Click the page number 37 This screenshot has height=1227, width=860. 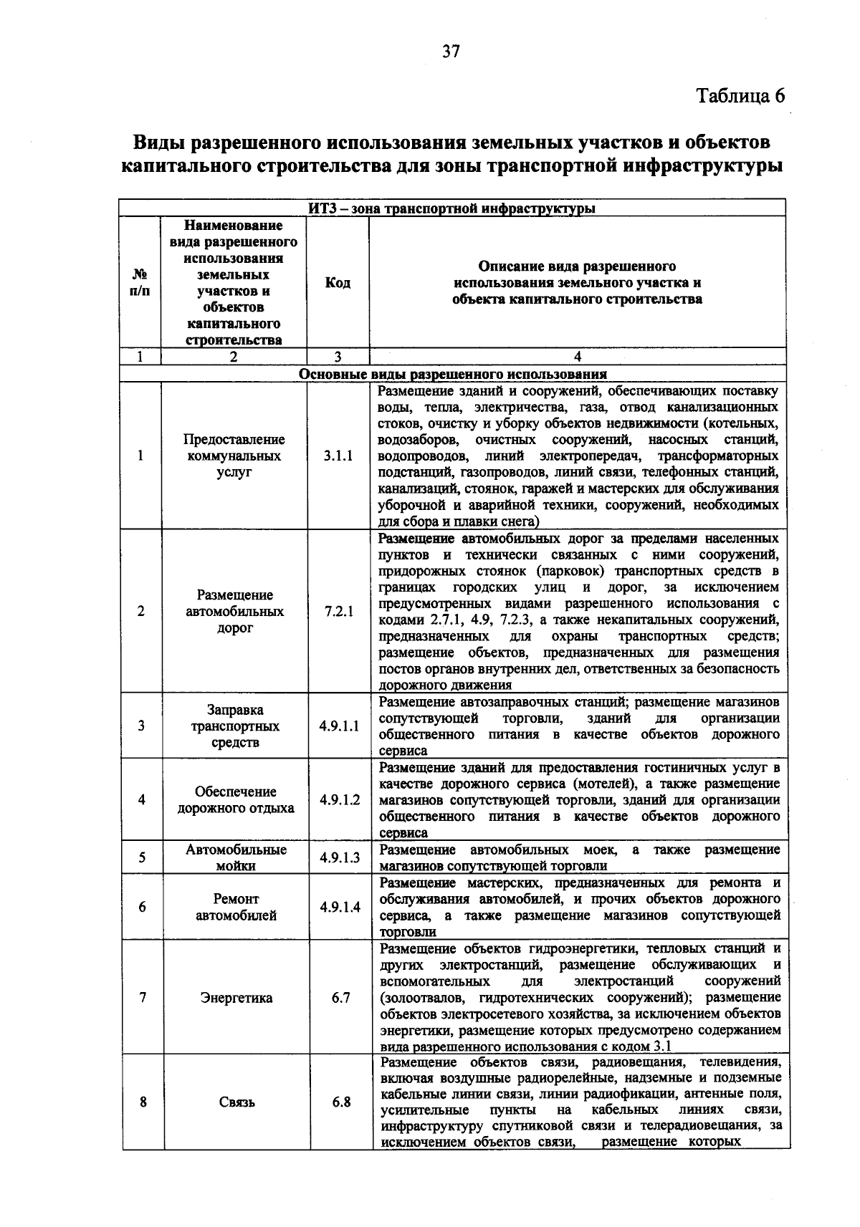coord(451,51)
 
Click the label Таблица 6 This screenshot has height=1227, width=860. coord(741,96)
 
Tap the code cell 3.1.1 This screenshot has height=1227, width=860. coord(338,456)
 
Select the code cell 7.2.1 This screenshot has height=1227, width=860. coord(338,611)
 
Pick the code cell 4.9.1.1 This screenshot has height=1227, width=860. coord(338,726)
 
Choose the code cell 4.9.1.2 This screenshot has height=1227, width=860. coord(339,799)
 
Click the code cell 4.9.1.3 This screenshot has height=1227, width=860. coord(339,857)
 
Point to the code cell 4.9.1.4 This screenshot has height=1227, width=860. coord(339,907)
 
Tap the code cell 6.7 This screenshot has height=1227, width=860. coord(340,997)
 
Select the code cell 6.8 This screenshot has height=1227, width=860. coord(340,1102)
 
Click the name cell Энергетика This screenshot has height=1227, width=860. coord(236,998)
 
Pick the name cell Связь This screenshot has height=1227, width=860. coord(236,1102)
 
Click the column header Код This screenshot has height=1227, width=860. coord(338,283)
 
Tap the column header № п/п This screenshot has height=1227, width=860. coord(140,283)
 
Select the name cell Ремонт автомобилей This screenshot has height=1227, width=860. coord(236,907)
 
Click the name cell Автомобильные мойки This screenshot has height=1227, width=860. coord(236,857)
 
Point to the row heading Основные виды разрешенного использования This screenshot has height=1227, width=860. coord(452,374)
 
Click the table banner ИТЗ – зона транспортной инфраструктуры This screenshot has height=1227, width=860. coord(451,208)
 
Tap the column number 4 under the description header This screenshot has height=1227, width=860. coord(577,357)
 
